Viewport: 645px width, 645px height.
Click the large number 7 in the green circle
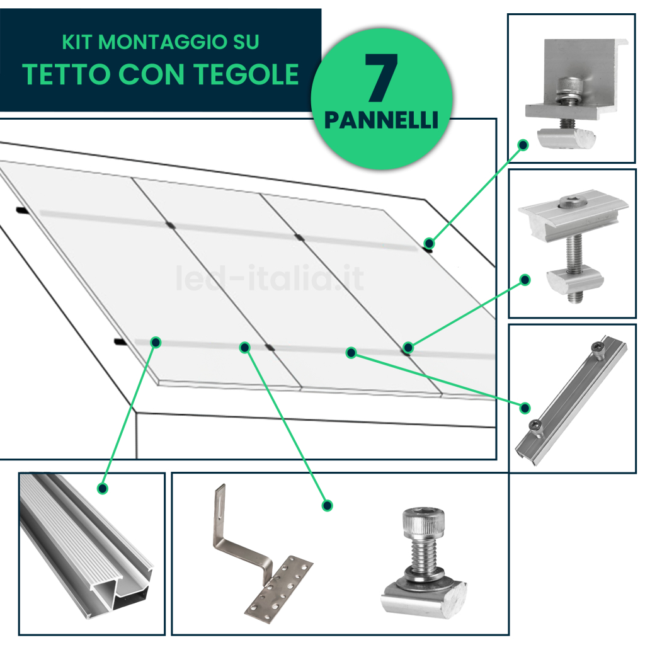pyautogui.click(x=381, y=77)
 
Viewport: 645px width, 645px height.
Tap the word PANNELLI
pyautogui.click(x=381, y=120)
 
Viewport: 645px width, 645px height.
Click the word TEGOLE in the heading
pyautogui.click(x=246, y=74)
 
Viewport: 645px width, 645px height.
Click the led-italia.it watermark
pyautogui.click(x=270, y=278)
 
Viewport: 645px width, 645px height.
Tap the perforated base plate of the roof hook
pyautogui.click(x=279, y=586)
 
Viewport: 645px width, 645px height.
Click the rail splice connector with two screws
pyautogui.click(x=571, y=400)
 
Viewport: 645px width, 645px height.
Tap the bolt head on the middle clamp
pyautogui.click(x=569, y=202)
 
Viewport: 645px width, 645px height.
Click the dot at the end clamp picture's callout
pyautogui.click(x=523, y=145)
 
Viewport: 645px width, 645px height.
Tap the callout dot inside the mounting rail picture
pyautogui.click(x=103, y=488)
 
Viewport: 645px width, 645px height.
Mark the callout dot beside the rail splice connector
pyautogui.click(x=525, y=408)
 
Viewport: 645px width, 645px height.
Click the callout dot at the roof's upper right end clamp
pyautogui.click(x=429, y=243)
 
